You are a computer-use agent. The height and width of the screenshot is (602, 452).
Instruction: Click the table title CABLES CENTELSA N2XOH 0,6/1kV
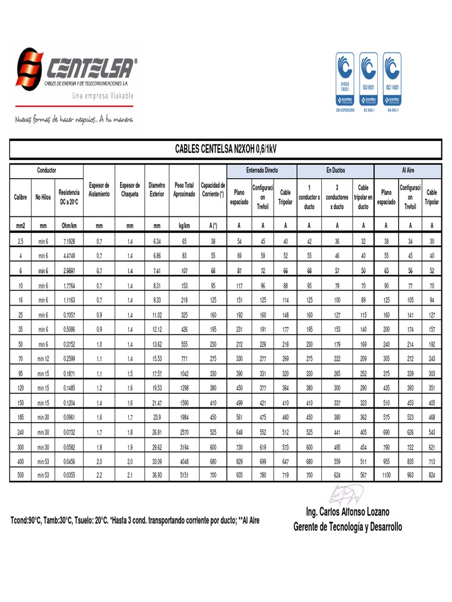click(225, 150)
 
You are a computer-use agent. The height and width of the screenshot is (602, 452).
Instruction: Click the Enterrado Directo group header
click(262, 170)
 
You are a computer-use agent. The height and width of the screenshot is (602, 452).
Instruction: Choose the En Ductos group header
click(337, 170)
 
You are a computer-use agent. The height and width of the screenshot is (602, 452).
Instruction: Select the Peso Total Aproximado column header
click(184, 189)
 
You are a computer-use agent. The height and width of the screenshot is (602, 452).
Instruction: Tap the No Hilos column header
click(43, 198)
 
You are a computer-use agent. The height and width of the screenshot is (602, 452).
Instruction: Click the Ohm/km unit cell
click(70, 225)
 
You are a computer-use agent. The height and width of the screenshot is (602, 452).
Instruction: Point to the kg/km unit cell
click(184, 225)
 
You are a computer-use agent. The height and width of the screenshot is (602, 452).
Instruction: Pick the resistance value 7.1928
click(70, 242)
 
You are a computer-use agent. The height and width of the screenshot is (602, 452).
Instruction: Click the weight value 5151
click(184, 474)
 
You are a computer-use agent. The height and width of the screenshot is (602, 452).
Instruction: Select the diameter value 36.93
click(157, 474)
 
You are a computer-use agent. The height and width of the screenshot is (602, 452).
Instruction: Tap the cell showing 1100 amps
click(386, 474)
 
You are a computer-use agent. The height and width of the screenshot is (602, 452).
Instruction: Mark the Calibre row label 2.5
click(21, 242)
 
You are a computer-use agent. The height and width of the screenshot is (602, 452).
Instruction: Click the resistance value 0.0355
click(70, 474)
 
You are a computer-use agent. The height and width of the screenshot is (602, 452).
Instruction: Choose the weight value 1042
click(184, 374)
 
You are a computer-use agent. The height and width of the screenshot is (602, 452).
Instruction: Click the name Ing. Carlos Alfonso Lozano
click(348, 513)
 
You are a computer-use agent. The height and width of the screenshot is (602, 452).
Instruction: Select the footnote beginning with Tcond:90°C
click(135, 521)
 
